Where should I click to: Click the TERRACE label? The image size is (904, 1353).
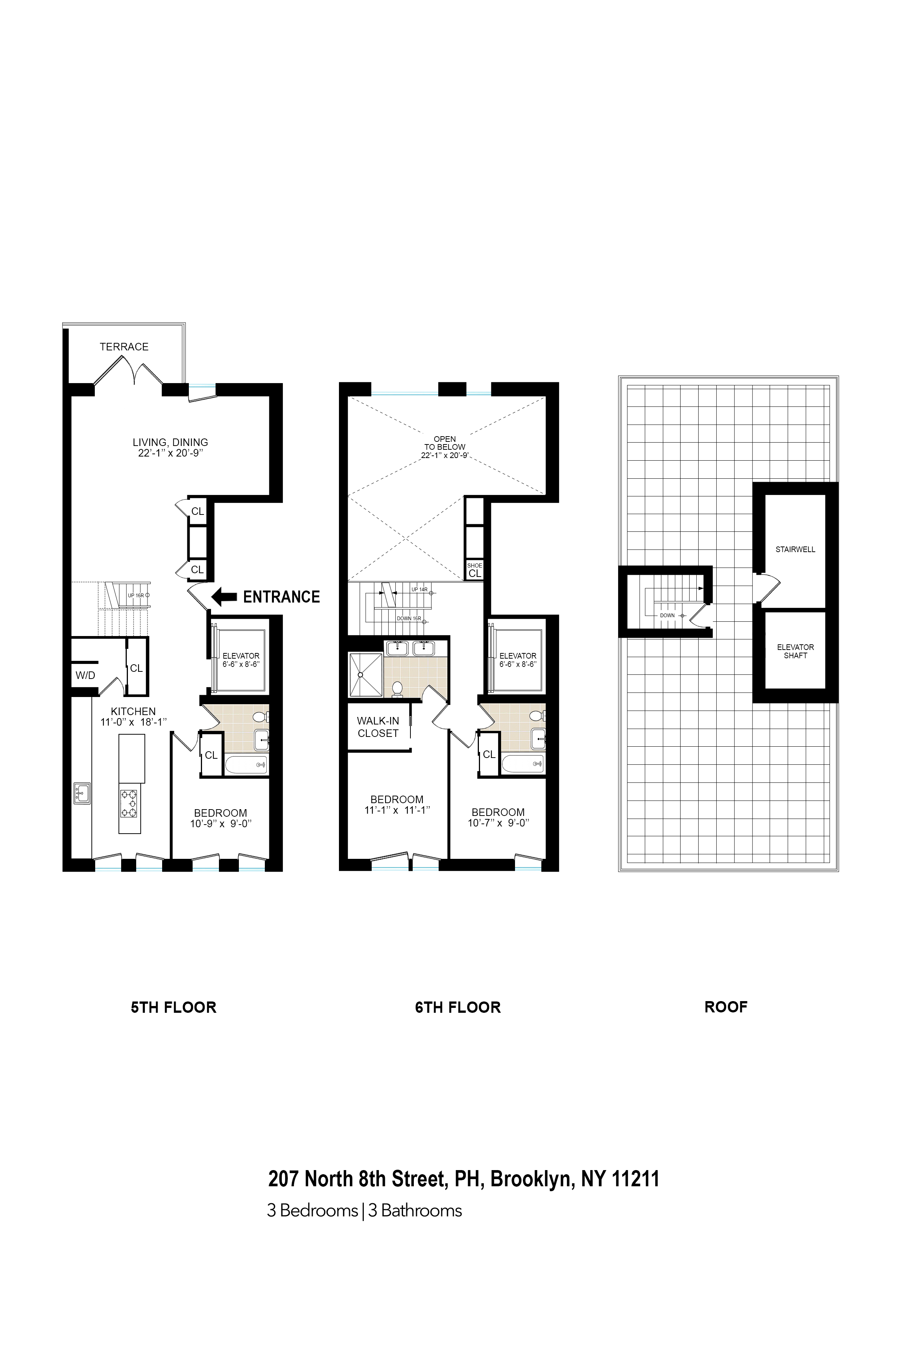tap(124, 347)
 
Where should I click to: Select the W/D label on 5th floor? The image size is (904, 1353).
tap(85, 675)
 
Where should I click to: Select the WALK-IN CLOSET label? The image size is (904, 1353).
tap(378, 727)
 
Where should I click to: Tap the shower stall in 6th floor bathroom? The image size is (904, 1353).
tap(365, 674)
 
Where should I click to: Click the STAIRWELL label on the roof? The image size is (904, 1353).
tap(795, 549)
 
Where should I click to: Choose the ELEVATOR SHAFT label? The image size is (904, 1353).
tap(795, 651)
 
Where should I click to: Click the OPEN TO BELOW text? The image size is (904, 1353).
tap(445, 443)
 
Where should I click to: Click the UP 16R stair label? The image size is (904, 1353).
tap(136, 595)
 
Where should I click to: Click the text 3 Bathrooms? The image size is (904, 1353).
tap(415, 1210)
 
